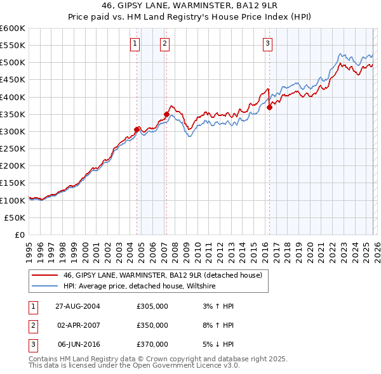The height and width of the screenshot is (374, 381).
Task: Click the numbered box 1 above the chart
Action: coord(136,44)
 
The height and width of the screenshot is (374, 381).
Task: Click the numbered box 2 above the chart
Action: coord(164,44)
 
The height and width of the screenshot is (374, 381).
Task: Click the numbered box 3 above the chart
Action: coord(267,44)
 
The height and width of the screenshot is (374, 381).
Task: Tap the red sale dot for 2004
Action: coord(137,129)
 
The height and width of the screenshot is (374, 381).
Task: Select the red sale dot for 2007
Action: coord(166,114)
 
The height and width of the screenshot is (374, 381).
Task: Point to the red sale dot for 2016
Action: coord(269,107)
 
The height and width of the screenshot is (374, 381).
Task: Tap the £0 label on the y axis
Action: coord(19,235)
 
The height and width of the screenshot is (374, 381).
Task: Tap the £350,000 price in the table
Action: coord(152,325)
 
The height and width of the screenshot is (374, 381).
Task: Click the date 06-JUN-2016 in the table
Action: coord(78,344)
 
